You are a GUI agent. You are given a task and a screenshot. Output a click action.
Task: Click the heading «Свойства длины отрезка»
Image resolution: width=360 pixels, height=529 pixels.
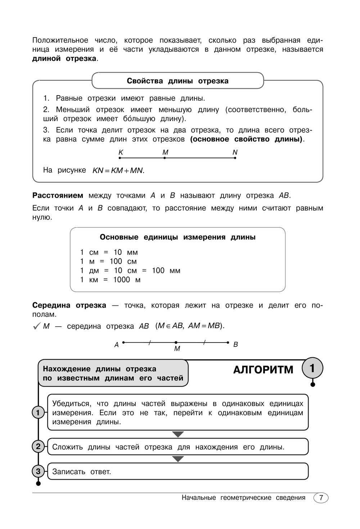coord(177,81)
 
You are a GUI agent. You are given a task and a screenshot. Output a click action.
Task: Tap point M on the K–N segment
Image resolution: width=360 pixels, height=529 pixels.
coord(165,158)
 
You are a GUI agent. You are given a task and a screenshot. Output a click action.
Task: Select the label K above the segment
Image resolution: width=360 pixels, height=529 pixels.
coord(121,153)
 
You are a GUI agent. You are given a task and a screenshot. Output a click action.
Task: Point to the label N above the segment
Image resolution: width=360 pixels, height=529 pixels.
coord(235,153)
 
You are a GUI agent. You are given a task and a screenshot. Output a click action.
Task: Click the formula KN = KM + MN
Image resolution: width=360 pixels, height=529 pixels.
coord(118,171)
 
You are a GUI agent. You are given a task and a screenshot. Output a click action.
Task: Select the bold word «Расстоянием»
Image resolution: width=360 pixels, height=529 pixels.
coord(58,195)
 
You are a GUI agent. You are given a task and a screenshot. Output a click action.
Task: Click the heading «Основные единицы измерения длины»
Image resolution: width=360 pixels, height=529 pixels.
coord(177,237)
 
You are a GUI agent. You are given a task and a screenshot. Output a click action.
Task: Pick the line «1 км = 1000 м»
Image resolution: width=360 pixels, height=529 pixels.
coord(110,280)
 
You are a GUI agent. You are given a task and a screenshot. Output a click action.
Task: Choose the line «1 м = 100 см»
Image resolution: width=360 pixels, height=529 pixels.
coord(108,261)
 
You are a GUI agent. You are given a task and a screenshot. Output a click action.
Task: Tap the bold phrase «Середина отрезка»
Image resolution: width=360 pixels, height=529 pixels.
coord(69,305)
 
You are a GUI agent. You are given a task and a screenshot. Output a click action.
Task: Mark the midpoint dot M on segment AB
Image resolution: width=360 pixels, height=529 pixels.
coord(176,342)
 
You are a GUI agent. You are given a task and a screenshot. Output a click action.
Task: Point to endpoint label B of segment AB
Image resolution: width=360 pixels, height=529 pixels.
coord(235,344)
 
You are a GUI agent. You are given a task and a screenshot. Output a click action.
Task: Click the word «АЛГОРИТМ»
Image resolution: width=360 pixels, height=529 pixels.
coord(263,370)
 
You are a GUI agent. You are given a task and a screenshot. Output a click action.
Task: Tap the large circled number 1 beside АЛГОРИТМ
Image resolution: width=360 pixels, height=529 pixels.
coord(312,368)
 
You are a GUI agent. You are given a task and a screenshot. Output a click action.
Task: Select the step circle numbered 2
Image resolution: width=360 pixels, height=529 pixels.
coord(38,447)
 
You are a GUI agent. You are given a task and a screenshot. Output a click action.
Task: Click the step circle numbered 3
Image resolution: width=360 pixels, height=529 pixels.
coord(38,471)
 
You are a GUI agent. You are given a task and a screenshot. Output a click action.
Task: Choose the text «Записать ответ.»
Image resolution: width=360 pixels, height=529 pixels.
coord(81,472)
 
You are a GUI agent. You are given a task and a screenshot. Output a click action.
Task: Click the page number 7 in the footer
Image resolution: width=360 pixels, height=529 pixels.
coord(321,498)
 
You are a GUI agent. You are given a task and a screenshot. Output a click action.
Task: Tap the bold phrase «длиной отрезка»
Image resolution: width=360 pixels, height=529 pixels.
coord(64,58)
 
